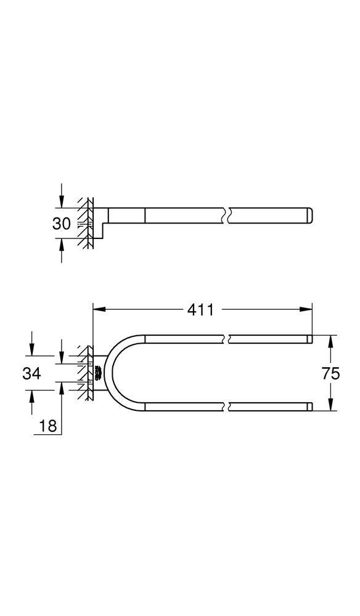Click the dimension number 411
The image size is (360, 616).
pos(202,310)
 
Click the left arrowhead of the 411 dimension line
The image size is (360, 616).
pos(97,310)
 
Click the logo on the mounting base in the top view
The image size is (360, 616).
pos(97,373)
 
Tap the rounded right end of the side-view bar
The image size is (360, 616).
pos(311,216)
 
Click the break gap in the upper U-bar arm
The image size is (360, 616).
pos(226,338)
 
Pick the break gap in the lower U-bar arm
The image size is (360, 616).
pos(226,407)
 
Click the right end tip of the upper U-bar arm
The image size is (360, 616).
pos(311,338)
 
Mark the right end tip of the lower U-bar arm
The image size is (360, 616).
pos(311,407)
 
